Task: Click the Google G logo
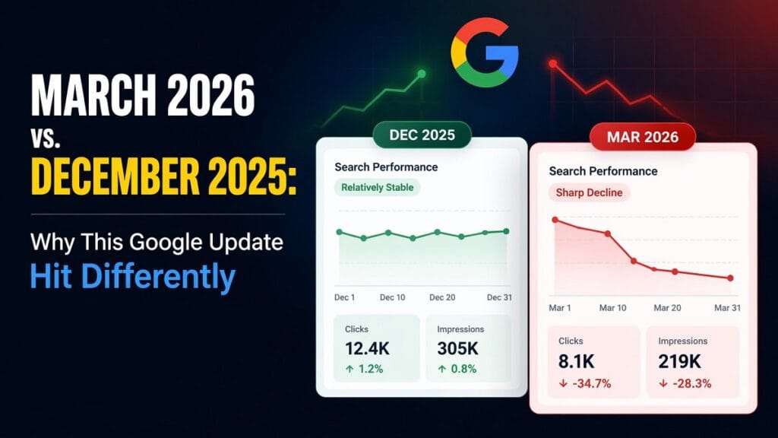[484, 52]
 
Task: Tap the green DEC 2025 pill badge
[422, 135]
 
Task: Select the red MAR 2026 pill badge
[643, 138]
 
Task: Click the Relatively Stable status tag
[377, 187]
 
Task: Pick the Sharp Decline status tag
[589, 192]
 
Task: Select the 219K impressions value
[680, 361]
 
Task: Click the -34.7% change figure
[586, 383]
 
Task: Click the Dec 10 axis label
[392, 297]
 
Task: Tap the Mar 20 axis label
[667, 308]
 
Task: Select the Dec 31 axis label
[499, 297]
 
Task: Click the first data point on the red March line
[555, 220]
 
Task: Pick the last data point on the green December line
[507, 231]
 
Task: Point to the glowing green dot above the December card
[422, 74]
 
